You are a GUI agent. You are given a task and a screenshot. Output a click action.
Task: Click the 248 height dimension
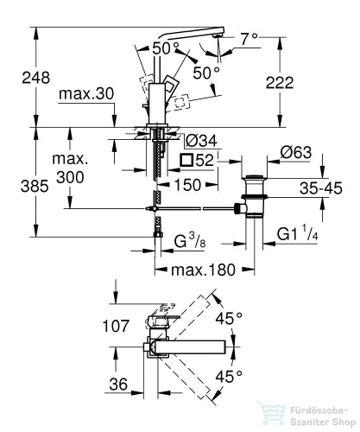click(36, 78)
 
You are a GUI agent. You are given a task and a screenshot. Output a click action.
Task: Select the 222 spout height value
click(280, 83)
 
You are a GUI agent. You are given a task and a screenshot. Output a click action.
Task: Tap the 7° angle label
click(249, 39)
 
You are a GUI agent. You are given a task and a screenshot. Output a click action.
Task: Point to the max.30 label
click(86, 94)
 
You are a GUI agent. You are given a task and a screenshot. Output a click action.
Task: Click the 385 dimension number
click(35, 187)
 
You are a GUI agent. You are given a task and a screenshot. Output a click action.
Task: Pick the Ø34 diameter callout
click(201, 141)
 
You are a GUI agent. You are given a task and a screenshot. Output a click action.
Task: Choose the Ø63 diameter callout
click(296, 152)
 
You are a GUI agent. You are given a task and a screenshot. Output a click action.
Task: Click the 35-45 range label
click(321, 188)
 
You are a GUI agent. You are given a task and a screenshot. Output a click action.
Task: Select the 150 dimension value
click(187, 185)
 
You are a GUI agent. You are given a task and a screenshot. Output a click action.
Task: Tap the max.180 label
click(203, 270)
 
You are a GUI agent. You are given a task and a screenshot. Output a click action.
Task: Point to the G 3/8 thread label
click(190, 241)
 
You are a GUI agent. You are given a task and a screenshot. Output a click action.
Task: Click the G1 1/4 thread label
click(298, 233)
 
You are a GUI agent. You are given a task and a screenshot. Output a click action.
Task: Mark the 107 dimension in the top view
click(116, 327)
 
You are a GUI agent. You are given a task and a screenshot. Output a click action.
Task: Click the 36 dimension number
click(118, 384)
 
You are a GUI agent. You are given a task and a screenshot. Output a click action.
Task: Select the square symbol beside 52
click(186, 160)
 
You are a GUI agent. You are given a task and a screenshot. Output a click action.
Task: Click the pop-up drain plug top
click(254, 176)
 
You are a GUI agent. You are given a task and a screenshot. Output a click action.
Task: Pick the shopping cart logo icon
click(271, 414)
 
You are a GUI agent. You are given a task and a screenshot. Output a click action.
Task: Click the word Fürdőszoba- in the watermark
click(319, 410)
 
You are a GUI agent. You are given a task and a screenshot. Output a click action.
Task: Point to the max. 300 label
click(70, 168)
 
